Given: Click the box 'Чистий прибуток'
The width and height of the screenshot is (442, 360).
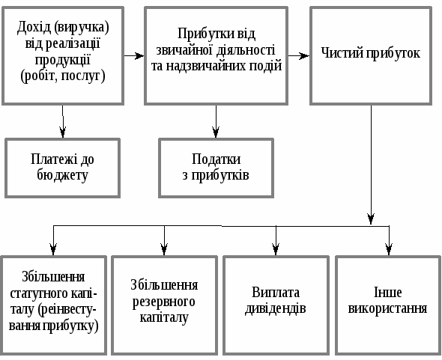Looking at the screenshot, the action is point(371,56).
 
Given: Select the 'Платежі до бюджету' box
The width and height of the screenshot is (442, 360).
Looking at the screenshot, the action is point(63,168).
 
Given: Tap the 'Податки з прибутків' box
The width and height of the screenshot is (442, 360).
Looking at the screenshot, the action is point(217,168).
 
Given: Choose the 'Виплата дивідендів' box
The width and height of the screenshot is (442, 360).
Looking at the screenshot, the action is point(276,305).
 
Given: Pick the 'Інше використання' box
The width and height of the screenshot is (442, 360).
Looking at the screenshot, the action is point(388,305).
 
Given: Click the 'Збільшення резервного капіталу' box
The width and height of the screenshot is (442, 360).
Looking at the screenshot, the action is point(164,305).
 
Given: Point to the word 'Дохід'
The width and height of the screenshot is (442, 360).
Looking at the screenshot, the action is point(34,28).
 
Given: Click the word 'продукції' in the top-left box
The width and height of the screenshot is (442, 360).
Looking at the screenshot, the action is point(62,61).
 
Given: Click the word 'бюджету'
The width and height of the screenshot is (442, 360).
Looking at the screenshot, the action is point(63,176).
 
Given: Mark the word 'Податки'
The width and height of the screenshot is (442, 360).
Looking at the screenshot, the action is point(217,159).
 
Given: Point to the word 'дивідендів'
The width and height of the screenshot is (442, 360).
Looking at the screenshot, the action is point(276,308).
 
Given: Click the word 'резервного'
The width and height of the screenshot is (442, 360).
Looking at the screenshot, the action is point(164,302).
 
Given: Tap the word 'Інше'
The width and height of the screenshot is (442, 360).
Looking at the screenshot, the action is point(387,292).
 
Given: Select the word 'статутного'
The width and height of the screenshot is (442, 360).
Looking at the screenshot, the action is point(34,293).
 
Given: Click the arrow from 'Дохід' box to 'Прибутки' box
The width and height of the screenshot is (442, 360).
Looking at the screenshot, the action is point(134,56).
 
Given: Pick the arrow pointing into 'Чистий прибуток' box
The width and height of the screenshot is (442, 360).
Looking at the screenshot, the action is point(299,56).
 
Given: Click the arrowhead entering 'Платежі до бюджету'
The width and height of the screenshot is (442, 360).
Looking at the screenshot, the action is point(63,132).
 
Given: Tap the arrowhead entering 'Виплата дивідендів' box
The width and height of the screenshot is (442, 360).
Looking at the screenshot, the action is point(276,249).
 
